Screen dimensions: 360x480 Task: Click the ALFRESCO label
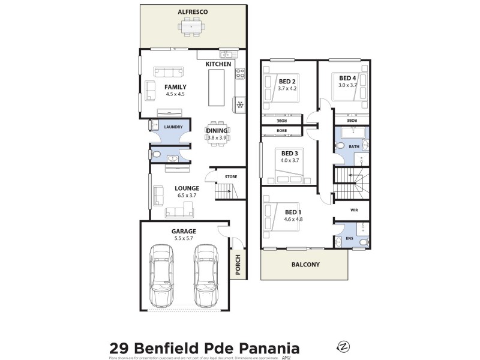[192, 11]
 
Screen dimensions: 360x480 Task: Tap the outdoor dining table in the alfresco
[193, 27]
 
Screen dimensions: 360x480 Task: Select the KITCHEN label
[218, 64]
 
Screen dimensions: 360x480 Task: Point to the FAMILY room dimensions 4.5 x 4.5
[175, 94]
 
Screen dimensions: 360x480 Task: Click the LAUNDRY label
[173, 127]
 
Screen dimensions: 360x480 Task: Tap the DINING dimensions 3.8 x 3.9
[217, 138]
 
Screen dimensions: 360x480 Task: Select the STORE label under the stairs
[231, 177]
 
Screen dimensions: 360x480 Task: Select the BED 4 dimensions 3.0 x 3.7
[347, 85]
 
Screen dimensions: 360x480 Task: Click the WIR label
[354, 211]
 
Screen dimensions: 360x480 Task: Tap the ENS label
[350, 238]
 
